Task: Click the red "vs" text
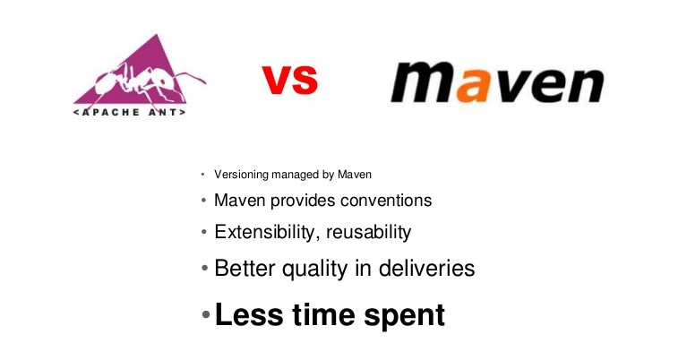(x=290, y=79)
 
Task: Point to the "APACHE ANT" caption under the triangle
(x=130, y=114)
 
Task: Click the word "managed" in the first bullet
(x=296, y=174)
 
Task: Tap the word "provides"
(x=305, y=201)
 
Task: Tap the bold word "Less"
(x=245, y=314)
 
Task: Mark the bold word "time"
(x=322, y=314)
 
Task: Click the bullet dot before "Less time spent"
(x=206, y=316)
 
